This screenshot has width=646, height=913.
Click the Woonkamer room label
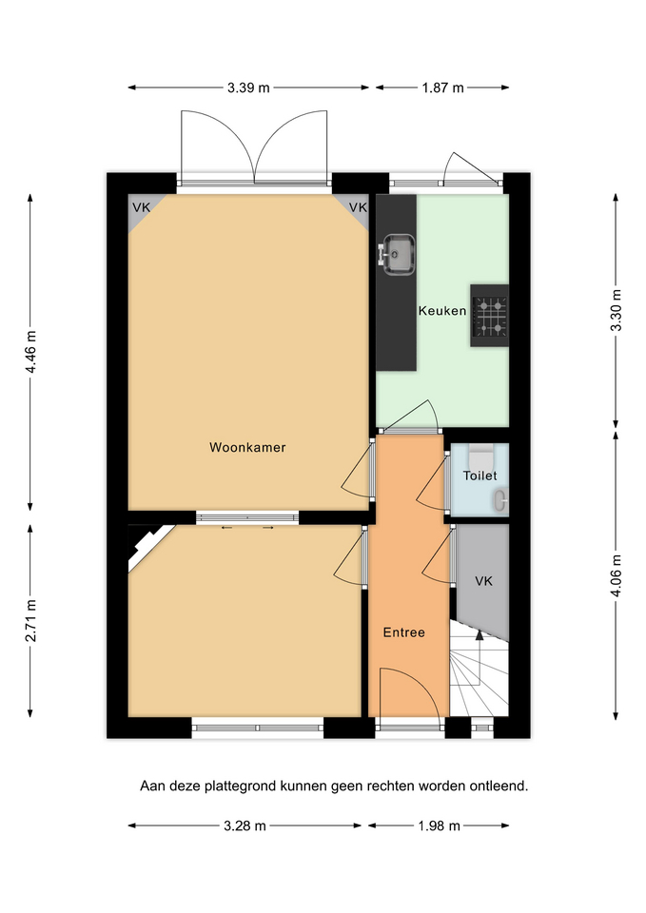pyautogui.click(x=247, y=447)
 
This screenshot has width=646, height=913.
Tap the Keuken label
pyautogui.click(x=442, y=311)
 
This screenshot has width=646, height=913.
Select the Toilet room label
pyautogui.click(x=480, y=476)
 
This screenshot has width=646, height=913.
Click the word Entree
pyautogui.click(x=403, y=632)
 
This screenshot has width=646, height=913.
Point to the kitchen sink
pyautogui.click(x=396, y=254)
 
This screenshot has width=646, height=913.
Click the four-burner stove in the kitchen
pyautogui.click(x=489, y=316)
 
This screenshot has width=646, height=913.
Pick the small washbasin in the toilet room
pyautogui.click(x=501, y=500)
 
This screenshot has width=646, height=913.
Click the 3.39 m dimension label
pyautogui.click(x=248, y=87)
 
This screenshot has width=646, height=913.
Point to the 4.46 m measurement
pyautogui.click(x=30, y=353)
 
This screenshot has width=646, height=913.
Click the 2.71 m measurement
pyautogui.click(x=30, y=620)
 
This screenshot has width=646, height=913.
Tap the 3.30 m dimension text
pyautogui.click(x=616, y=310)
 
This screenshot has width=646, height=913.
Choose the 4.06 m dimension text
pyautogui.click(x=616, y=577)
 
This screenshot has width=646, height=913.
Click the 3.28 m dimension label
pyautogui.click(x=245, y=826)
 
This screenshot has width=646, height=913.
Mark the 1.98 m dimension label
pyautogui.click(x=440, y=826)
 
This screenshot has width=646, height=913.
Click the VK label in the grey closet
pyautogui.click(x=483, y=581)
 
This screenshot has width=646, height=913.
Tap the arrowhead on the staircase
pyautogui.click(x=480, y=634)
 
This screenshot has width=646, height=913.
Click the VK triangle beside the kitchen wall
pyautogui.click(x=356, y=208)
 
